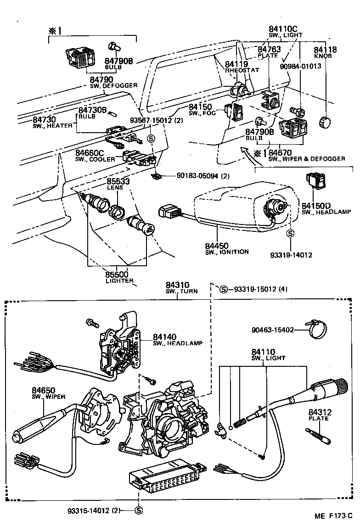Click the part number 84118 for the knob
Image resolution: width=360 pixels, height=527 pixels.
pos(325,50)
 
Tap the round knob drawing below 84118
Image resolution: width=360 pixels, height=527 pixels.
pos(325,123)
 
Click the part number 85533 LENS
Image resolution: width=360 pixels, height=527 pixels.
pos(118,182)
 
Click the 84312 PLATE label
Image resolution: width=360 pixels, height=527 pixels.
pos(320,415)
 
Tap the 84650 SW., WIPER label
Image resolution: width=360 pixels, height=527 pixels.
pos(48,392)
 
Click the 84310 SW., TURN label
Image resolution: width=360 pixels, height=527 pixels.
pos(177,288)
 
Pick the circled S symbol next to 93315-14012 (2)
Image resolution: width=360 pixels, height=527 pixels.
pos(138,510)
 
